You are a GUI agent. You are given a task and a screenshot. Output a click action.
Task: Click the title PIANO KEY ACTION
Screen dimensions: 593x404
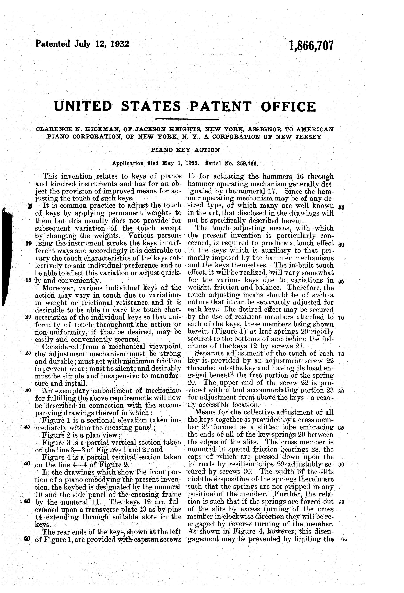(185, 150)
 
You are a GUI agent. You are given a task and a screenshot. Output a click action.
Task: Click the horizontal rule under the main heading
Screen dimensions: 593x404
(187, 119)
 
